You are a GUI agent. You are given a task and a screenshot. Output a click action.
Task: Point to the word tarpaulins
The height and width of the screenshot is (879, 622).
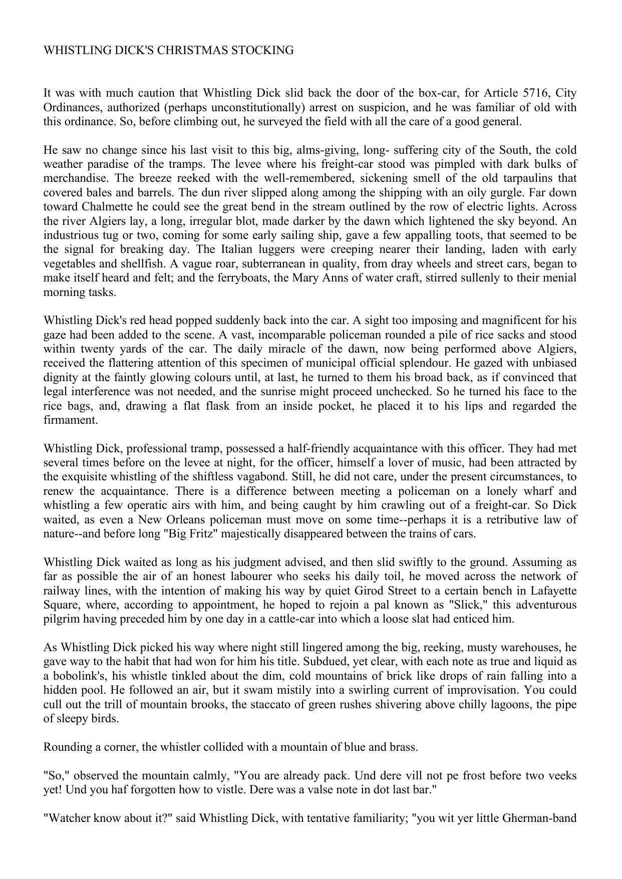click(x=526, y=178)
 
